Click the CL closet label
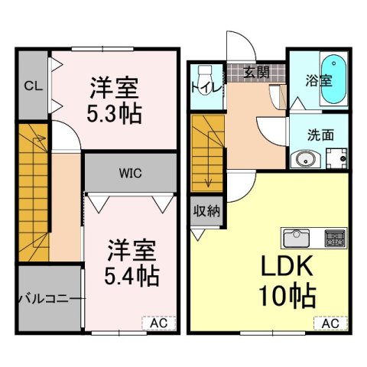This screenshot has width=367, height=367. [x=32, y=86]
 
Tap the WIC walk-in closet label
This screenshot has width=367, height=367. [x=128, y=172]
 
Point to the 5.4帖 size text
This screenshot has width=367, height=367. [x=132, y=273]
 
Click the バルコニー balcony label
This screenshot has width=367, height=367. [x=47, y=298]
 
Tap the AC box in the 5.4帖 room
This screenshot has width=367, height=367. [x=157, y=323]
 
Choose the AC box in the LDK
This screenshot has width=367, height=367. [x=329, y=323]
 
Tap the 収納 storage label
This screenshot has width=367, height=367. [x=206, y=210]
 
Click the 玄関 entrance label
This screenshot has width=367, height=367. [x=256, y=73]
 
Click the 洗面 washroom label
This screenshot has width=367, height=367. [x=320, y=135]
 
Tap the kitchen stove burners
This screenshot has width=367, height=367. [x=336, y=237]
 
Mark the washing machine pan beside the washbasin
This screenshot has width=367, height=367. [x=336, y=158]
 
